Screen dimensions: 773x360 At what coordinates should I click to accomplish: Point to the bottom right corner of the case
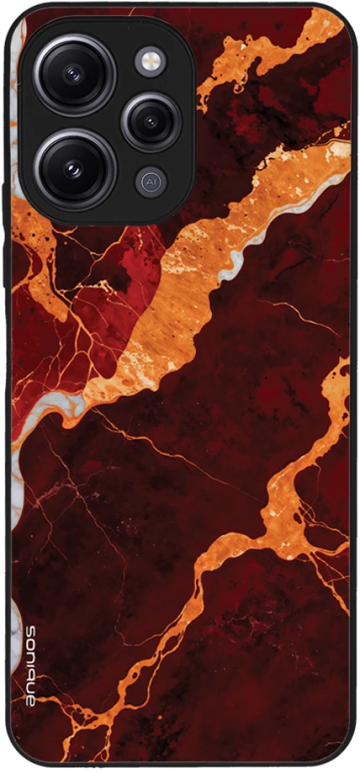(x=346, y=759)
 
